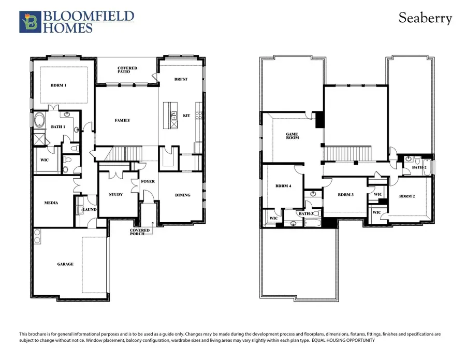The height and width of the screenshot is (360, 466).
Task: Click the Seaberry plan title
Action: (x=425, y=18)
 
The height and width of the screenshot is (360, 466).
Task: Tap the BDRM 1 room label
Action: (x=58, y=85)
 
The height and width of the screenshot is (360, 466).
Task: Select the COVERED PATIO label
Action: (x=127, y=69)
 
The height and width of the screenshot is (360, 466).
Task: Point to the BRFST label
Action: (x=181, y=79)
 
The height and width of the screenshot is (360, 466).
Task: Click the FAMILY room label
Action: (x=122, y=121)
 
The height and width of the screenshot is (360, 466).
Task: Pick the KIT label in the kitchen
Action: (x=186, y=116)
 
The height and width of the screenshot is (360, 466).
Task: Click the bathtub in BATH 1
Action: (x=39, y=123)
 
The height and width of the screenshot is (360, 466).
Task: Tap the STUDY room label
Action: (x=116, y=195)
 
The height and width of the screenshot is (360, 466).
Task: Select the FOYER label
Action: (x=148, y=182)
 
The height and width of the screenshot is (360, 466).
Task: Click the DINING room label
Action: (x=182, y=195)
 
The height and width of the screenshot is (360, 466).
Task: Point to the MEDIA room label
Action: (x=51, y=203)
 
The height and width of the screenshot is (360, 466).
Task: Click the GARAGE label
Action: (x=65, y=264)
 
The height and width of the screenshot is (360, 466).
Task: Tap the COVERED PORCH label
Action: (x=140, y=232)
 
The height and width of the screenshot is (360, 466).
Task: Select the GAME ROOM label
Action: (x=293, y=136)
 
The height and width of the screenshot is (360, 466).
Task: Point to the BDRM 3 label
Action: (x=345, y=195)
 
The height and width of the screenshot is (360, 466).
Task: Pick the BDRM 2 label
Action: (x=407, y=196)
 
